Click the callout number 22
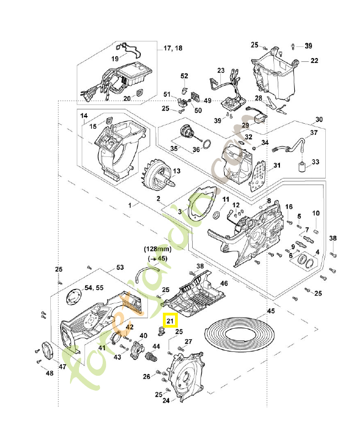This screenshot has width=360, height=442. pyautogui.click(x=314, y=61)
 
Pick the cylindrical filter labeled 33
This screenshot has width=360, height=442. pyautogui.click(x=301, y=167)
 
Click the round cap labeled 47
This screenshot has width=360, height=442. pyautogui.click(x=48, y=351)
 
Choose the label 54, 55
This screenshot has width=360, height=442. pyautogui.click(x=94, y=288)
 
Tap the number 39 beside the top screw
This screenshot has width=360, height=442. pyautogui.click(x=308, y=45)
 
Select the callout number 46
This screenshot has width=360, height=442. pyautogui.click(x=224, y=283)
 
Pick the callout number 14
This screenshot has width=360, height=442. pyautogui.click(x=84, y=116)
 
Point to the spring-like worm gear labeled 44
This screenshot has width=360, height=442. pyautogui.click(x=151, y=358)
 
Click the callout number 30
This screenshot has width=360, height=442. pyautogui.click(x=319, y=120)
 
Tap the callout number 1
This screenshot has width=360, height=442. pyautogui.click(x=130, y=205)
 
